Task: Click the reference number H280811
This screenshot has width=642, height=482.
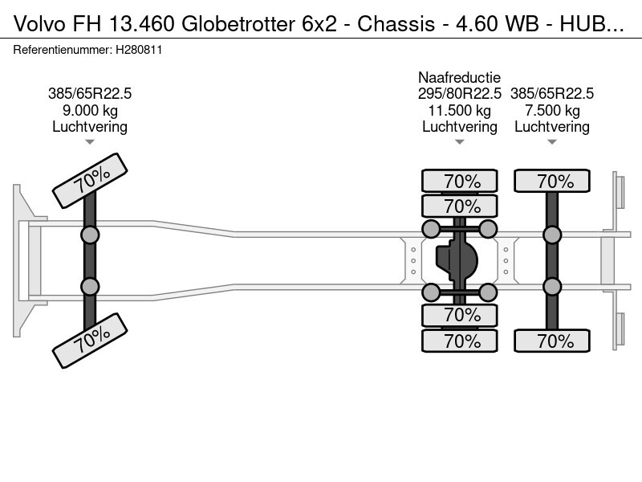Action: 139,50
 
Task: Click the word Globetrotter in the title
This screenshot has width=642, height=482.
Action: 238,24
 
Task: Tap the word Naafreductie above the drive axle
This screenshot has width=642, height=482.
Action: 459,77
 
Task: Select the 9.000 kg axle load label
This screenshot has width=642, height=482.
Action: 90,111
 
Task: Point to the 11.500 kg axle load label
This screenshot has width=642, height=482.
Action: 459,111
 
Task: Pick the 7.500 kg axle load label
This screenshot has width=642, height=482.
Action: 552,111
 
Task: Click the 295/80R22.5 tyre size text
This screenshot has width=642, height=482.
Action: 459,94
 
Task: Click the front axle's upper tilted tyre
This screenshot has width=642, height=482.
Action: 90,181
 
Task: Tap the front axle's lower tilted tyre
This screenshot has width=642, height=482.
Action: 90,341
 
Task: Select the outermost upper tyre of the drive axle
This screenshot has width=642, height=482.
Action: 460,181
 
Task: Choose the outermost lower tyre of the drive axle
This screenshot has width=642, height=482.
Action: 460,341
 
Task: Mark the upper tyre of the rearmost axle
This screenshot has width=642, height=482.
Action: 552,181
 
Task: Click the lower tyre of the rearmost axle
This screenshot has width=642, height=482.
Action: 552,341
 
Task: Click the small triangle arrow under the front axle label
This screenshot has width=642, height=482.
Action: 90,142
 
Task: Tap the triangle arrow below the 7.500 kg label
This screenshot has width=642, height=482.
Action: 552,142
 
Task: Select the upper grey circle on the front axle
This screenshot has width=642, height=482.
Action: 90,235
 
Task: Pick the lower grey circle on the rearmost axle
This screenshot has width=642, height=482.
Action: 552,287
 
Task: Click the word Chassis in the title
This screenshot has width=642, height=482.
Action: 396,24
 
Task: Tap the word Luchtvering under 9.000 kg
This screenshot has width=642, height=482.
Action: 90,127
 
